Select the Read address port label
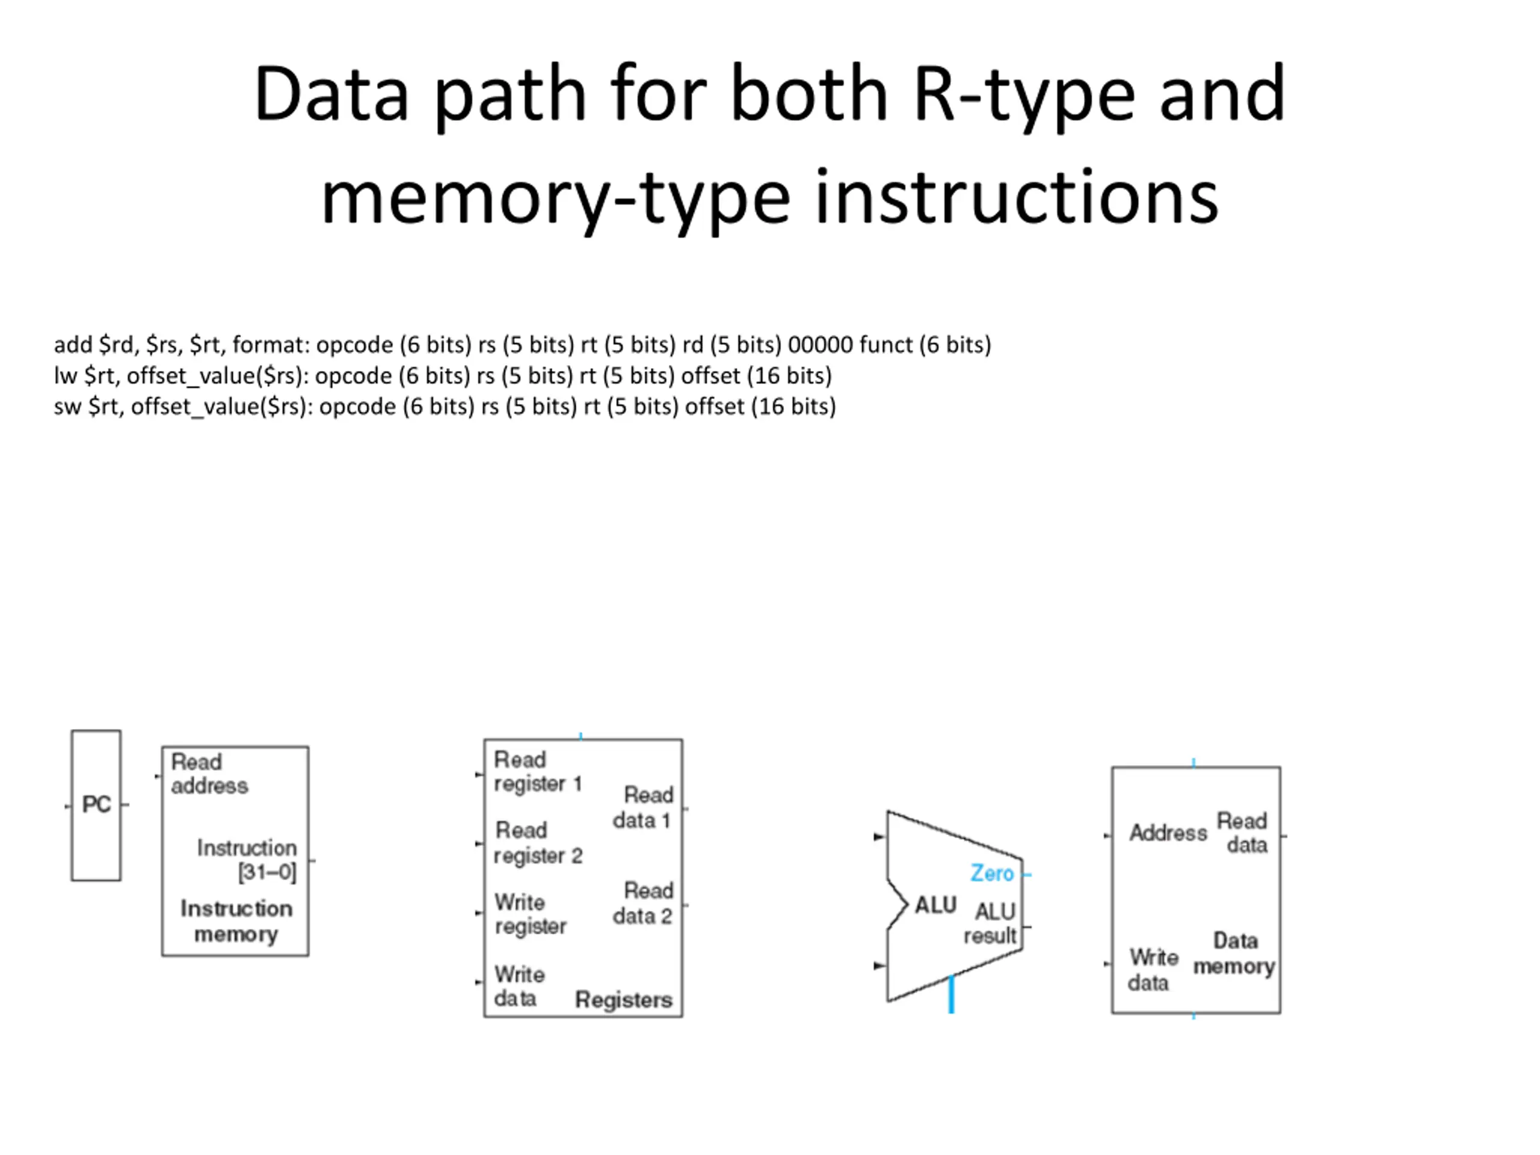pos(209,774)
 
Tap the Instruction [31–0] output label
pos(247,860)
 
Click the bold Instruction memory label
pos(236,921)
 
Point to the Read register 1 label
pos(537,771)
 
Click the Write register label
pos(530,914)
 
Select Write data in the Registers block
pos(519,986)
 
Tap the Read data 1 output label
pos(642,807)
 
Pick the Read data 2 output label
pos(642,903)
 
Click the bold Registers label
pos(624,1000)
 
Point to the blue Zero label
pos(992,873)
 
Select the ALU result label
pos(990,923)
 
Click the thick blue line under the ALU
pos(952,994)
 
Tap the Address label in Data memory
pos(1168,833)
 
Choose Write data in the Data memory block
pos(1153,970)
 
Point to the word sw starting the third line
pos(67,407)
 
